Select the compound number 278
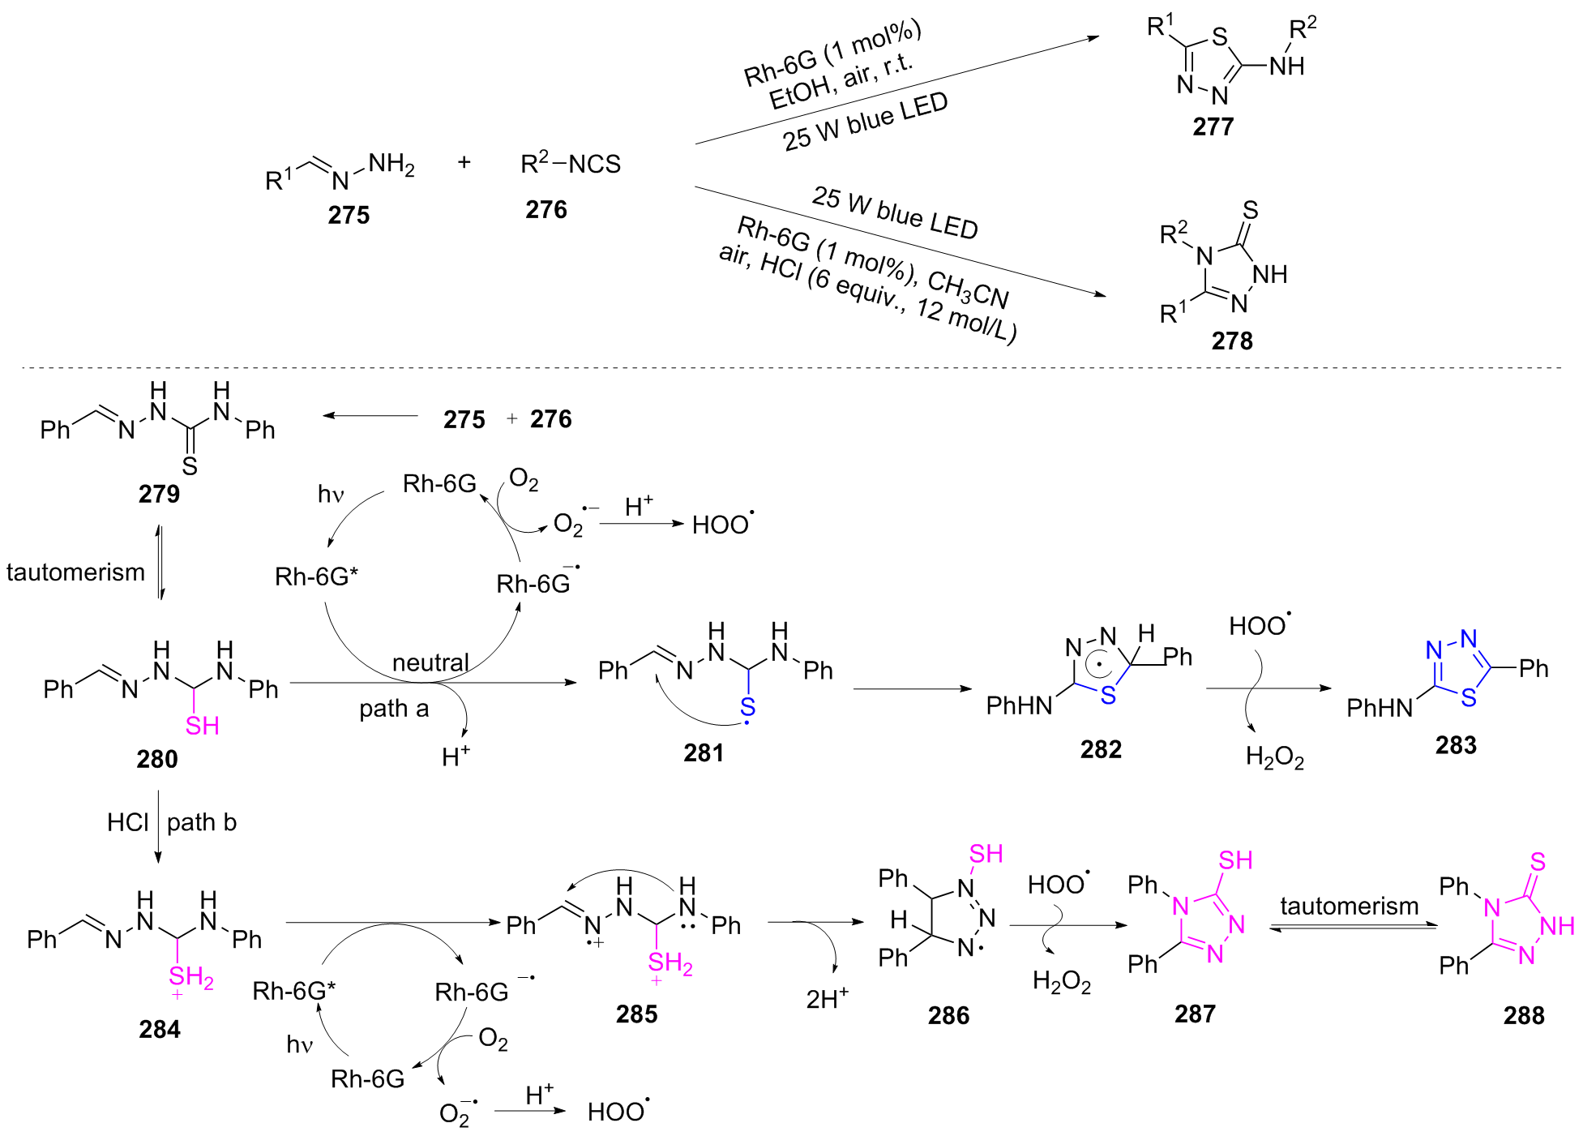coord(1231,341)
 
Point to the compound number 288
coord(1523,1015)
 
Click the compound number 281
coord(703,753)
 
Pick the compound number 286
coord(948,1015)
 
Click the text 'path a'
coord(394,709)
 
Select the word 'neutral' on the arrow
coord(430,662)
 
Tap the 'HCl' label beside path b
coord(127,822)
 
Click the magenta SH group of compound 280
coord(202,726)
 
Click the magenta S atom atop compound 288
coord(1538,862)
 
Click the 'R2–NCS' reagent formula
coord(570,164)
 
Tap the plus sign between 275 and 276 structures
coord(464,162)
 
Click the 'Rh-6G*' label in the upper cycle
coord(316,577)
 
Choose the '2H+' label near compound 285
coord(826,998)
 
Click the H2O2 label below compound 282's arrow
coord(1274,757)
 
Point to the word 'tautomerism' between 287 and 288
coord(1349,906)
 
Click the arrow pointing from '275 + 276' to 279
coord(370,416)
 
